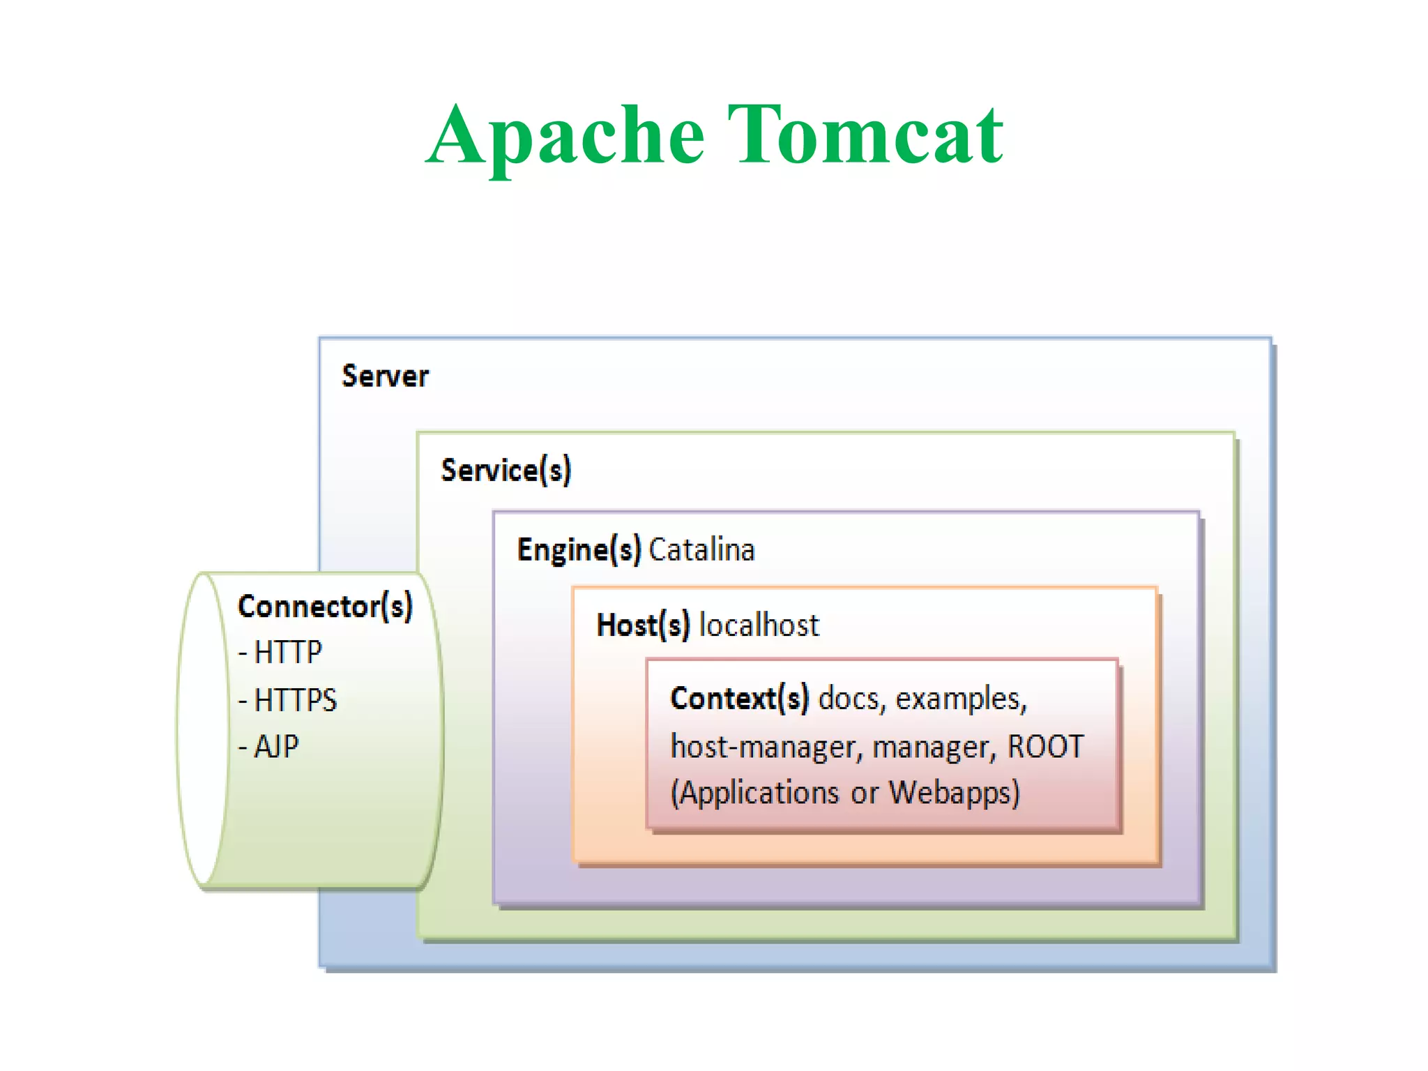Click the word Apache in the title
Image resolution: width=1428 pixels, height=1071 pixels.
(x=565, y=136)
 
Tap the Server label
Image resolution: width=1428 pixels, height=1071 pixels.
(x=385, y=377)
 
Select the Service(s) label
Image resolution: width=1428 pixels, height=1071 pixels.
(x=506, y=471)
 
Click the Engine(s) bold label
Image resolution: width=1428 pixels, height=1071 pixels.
(x=579, y=550)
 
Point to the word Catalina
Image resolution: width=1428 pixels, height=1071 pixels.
(x=701, y=550)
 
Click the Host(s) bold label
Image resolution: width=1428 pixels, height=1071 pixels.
(x=643, y=625)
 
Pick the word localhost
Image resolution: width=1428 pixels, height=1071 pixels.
(x=759, y=625)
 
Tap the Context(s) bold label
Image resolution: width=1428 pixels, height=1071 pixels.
(x=739, y=699)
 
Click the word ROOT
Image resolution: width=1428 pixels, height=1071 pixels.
(x=1045, y=747)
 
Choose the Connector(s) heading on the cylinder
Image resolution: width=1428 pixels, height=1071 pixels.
(x=325, y=607)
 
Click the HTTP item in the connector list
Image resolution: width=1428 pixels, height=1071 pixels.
(x=287, y=653)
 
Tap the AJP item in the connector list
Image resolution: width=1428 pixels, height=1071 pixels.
(x=276, y=747)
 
